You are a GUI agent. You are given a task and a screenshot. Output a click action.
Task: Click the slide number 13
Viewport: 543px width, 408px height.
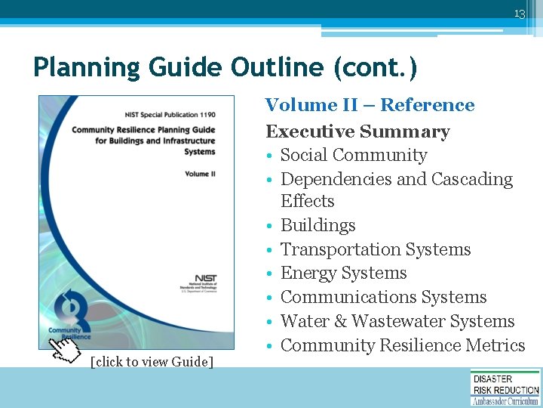(519, 14)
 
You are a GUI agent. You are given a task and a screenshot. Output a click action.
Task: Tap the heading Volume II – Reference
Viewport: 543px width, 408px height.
(370, 105)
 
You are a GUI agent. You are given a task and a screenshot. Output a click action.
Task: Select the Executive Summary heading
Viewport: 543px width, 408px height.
(357, 131)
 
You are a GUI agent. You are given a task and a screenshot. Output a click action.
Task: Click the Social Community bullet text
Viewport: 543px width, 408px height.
(353, 156)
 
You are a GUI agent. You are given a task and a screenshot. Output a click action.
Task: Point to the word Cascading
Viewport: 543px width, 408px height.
(471, 179)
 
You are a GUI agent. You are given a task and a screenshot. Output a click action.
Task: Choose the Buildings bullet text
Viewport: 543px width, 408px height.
(318, 225)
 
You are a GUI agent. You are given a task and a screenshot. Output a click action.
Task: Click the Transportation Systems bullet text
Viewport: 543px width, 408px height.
(375, 249)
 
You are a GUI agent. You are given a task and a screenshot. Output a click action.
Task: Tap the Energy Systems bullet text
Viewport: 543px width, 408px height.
(343, 274)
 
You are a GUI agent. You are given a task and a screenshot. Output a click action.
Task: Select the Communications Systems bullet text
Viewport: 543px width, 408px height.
(383, 298)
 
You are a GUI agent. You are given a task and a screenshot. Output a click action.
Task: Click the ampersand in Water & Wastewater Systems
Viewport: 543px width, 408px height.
(341, 322)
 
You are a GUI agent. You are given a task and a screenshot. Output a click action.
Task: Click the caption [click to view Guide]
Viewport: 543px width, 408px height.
(152, 362)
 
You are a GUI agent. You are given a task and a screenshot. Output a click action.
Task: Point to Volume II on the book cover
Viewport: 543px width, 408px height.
(200, 174)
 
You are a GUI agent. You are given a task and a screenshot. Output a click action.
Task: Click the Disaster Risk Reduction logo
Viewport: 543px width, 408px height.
(505, 388)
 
